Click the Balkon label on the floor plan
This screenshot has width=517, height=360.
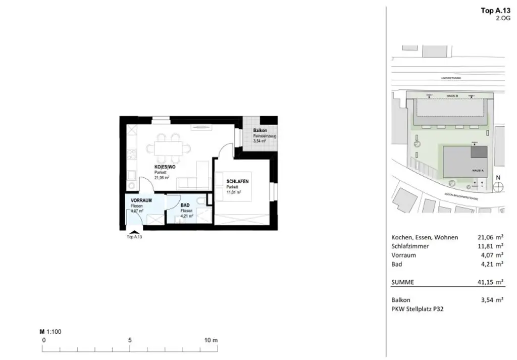(260, 130)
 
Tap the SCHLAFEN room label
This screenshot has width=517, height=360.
(237, 181)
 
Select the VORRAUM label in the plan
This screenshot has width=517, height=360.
(141, 200)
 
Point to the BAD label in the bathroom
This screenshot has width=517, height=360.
(185, 205)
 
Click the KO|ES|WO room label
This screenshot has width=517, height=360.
(165, 167)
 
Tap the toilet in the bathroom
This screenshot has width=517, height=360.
(201, 202)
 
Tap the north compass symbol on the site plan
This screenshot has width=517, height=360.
(498, 186)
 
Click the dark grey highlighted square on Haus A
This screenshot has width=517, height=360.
(479, 151)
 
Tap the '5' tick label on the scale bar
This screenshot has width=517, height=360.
(130, 340)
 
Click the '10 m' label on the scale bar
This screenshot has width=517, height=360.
(211, 340)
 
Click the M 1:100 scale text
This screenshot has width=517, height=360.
(50, 332)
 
